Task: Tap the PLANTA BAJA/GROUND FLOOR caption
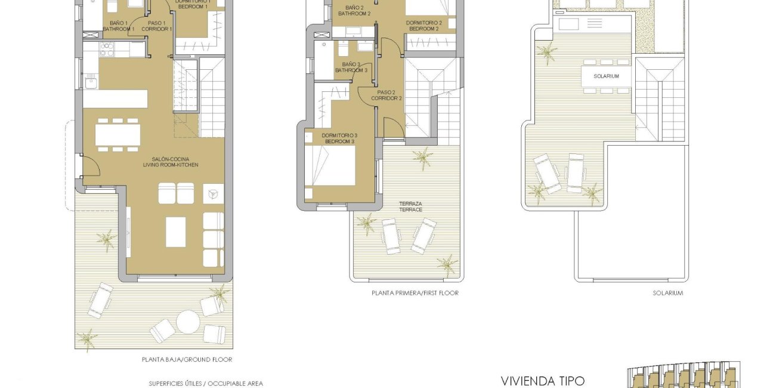coord(187,359)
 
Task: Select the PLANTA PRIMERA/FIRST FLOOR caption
coord(415,293)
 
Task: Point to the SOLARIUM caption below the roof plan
coord(667,293)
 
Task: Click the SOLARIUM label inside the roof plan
coord(606,76)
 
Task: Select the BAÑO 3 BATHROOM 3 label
coord(351,67)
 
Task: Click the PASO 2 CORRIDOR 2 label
coord(386,96)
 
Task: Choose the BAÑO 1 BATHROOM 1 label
coord(118,26)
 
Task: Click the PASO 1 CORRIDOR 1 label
coord(157,26)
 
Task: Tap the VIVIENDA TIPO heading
coord(543,380)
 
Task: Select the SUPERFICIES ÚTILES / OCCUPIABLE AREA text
coord(206,383)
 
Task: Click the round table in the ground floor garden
coord(188,322)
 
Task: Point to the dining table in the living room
coord(117,134)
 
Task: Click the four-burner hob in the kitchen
coord(107,49)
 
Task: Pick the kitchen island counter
coord(115,98)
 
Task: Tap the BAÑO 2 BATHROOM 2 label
coord(354,10)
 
